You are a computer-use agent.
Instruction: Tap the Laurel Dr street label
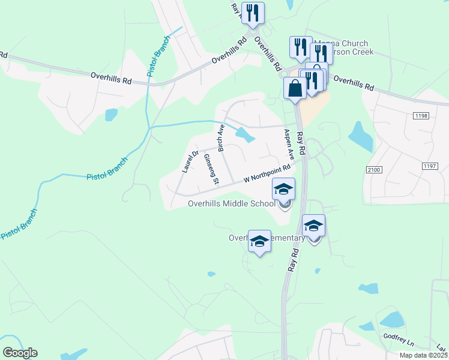[x=190, y=161]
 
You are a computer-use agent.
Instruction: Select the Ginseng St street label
[x=211, y=168]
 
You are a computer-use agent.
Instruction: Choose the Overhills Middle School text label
[x=231, y=203]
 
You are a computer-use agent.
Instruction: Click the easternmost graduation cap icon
[x=313, y=226]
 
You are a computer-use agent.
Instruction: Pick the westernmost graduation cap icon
[x=259, y=241]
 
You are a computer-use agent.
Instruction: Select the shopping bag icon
[x=295, y=88]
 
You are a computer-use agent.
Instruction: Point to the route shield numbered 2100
[x=373, y=171]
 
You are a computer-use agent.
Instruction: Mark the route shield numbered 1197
[x=429, y=166]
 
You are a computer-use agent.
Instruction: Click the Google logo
[x=20, y=353]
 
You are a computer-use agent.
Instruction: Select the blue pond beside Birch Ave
[x=245, y=135]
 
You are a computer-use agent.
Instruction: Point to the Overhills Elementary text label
[x=267, y=238]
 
